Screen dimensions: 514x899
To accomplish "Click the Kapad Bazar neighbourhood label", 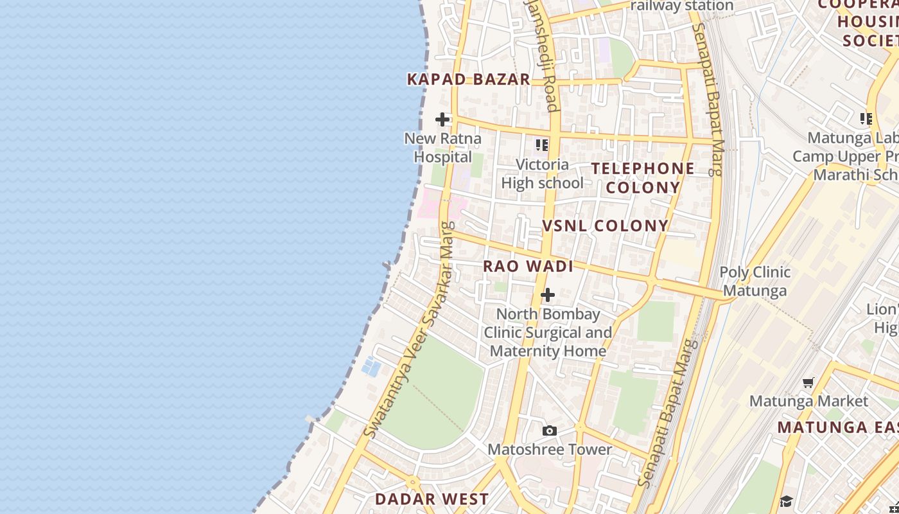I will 469,80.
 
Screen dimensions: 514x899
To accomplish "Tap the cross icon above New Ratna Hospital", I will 442,120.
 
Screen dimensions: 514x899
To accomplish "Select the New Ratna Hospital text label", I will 442,148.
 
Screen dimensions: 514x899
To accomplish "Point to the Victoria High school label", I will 542,174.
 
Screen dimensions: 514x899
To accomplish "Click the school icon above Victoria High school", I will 542,145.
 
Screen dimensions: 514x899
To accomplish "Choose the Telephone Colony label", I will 643,178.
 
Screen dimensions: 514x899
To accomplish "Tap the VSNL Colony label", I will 606,226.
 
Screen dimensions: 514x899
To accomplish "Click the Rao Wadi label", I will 528,266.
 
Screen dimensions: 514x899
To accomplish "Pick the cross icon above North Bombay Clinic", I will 548,295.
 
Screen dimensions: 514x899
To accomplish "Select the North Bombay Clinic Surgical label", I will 548,332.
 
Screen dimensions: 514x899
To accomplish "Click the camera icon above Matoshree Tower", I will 549,430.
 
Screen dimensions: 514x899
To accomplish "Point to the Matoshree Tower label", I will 550,449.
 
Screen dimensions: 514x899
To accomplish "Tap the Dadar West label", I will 432,499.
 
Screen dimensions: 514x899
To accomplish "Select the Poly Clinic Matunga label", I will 755,281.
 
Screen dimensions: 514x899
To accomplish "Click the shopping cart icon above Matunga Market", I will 808,383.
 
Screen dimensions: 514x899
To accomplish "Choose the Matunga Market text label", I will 808,402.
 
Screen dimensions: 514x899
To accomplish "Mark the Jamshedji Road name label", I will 543,58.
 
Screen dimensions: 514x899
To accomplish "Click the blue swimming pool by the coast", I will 371,367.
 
